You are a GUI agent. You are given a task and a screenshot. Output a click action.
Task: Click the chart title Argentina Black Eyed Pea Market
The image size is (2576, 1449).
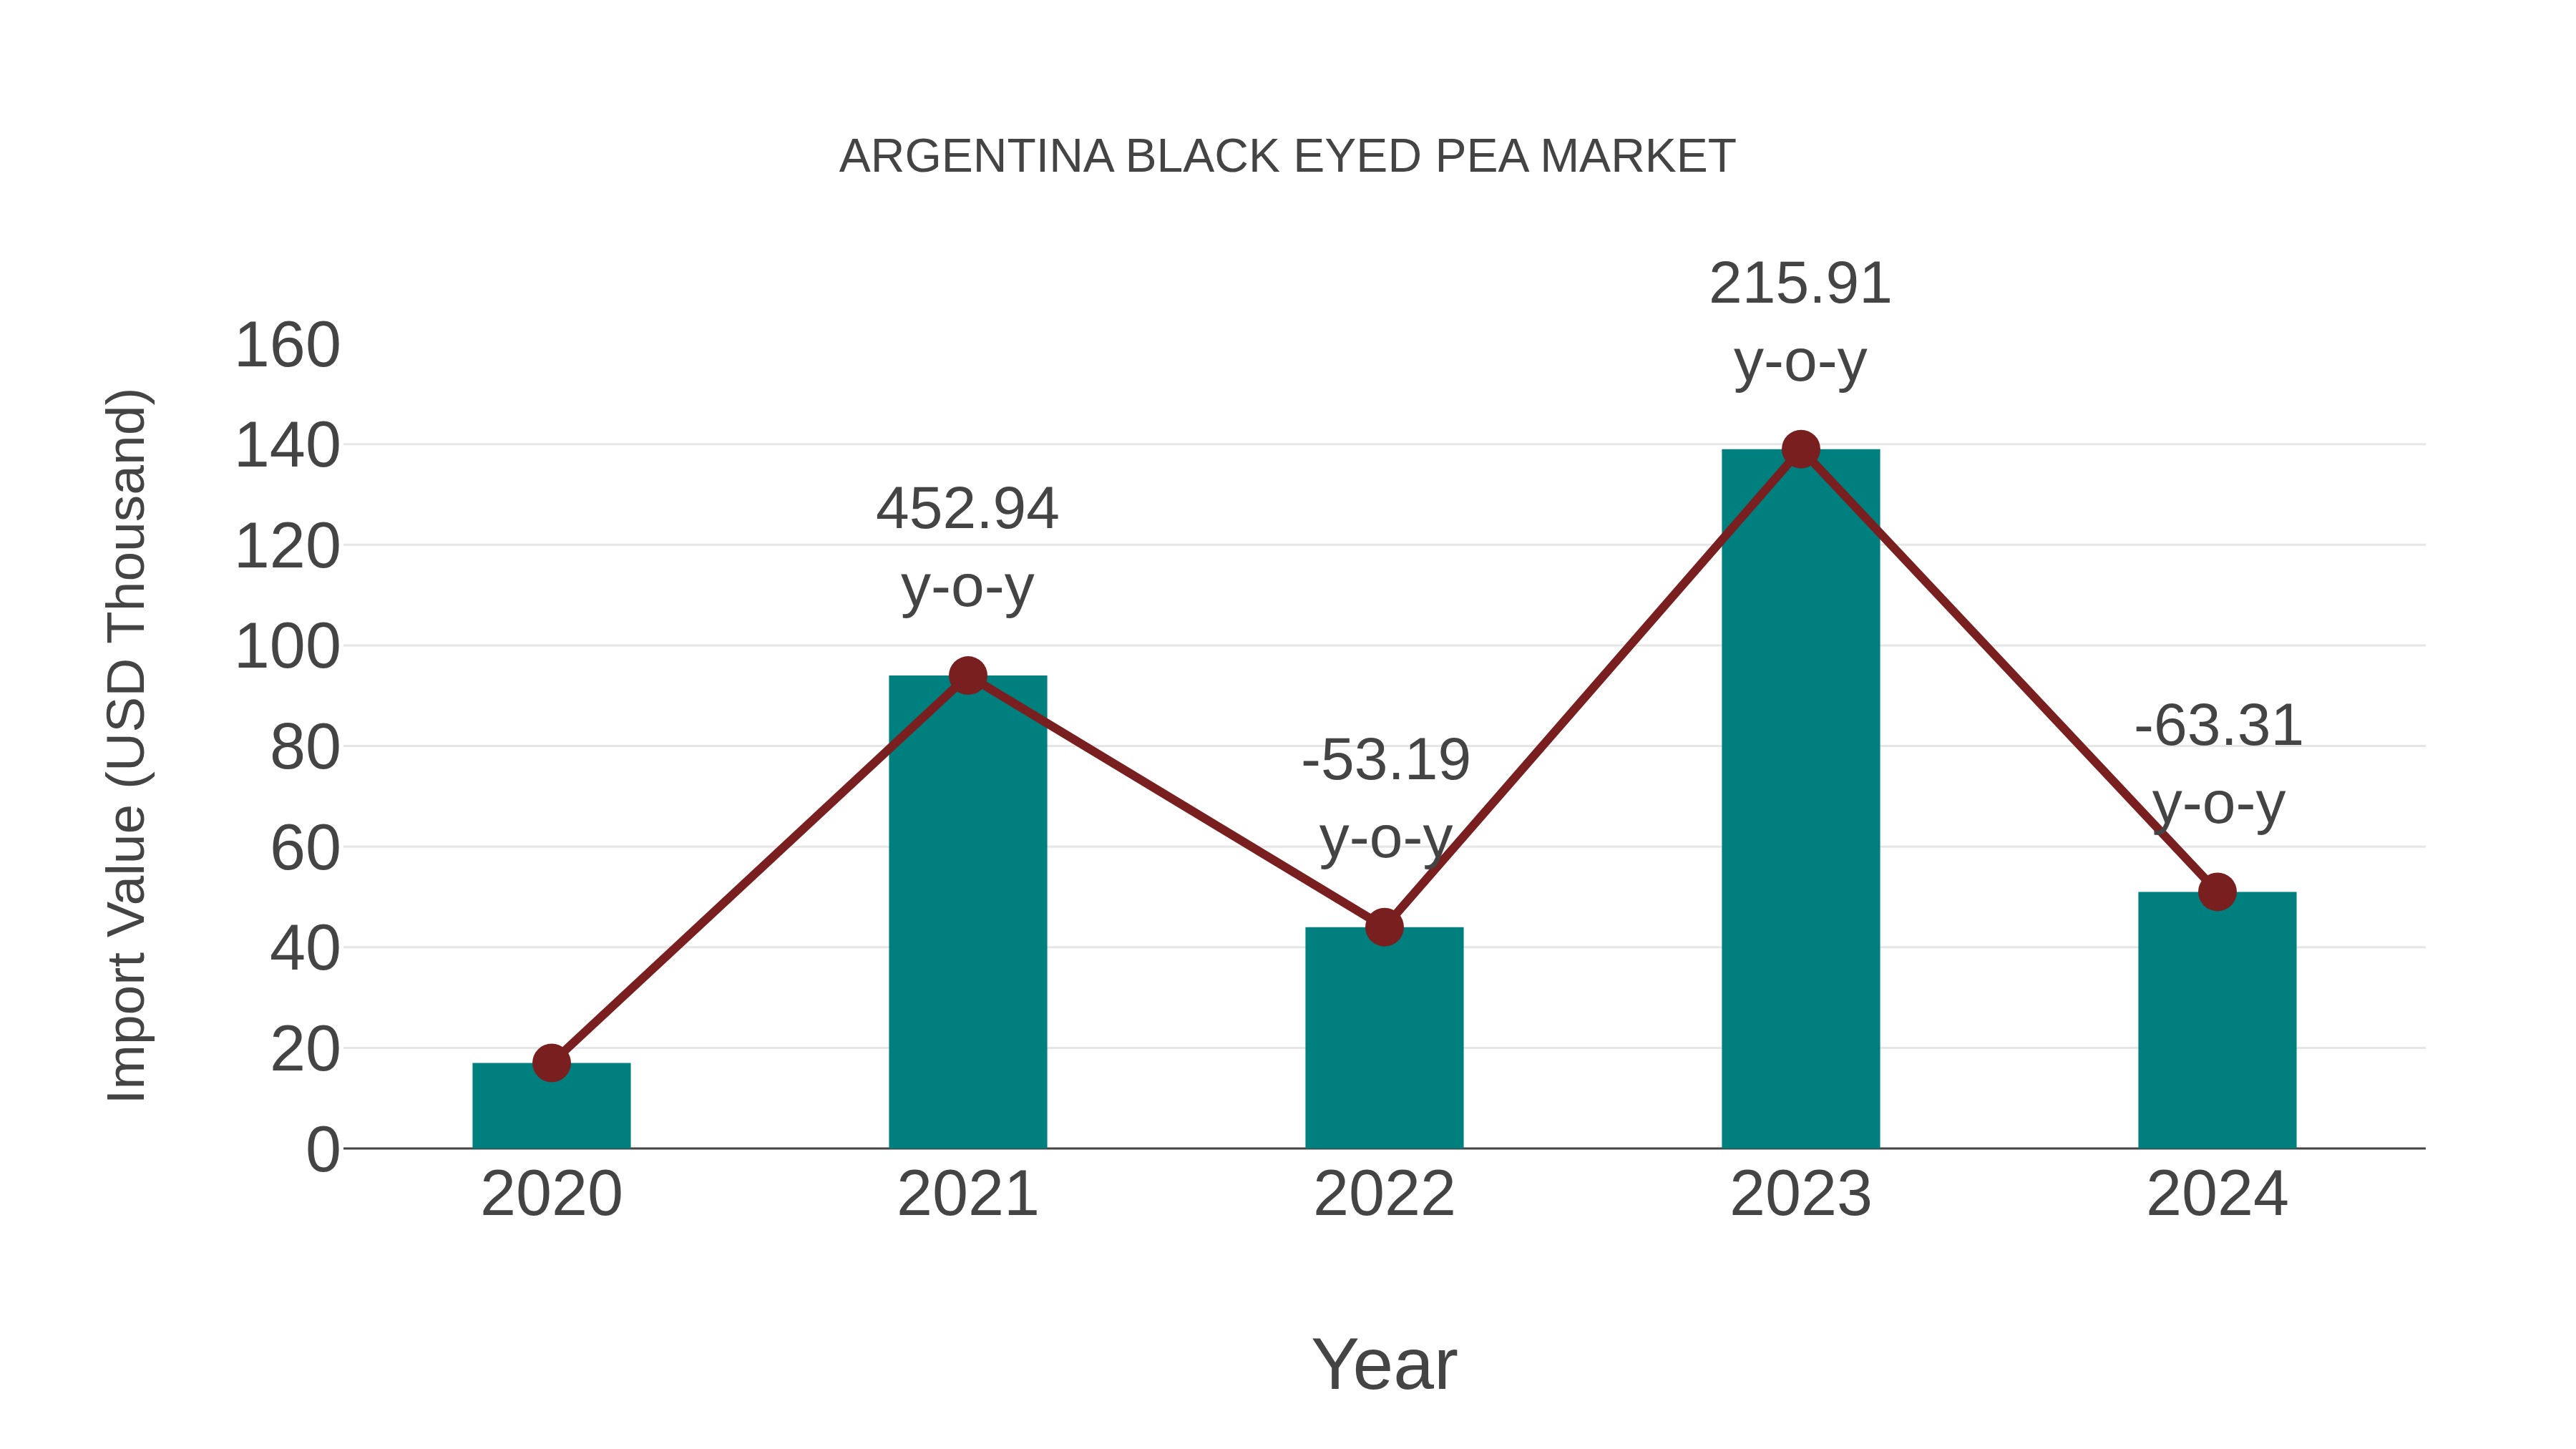coord(1287,157)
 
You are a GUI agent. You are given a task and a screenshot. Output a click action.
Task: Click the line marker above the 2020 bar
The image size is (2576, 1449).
coord(551,1063)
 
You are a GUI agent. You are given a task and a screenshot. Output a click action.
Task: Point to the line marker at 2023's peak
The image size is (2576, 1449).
coord(1800,450)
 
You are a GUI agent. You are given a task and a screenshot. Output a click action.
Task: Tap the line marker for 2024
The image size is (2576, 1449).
coord(2217,892)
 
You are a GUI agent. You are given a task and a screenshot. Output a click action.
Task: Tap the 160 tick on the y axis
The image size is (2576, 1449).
coord(287,346)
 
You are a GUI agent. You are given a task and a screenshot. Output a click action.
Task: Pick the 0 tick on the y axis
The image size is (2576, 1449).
coord(322,1150)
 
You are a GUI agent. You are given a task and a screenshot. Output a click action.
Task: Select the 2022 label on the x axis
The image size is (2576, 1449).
coord(1384,1194)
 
